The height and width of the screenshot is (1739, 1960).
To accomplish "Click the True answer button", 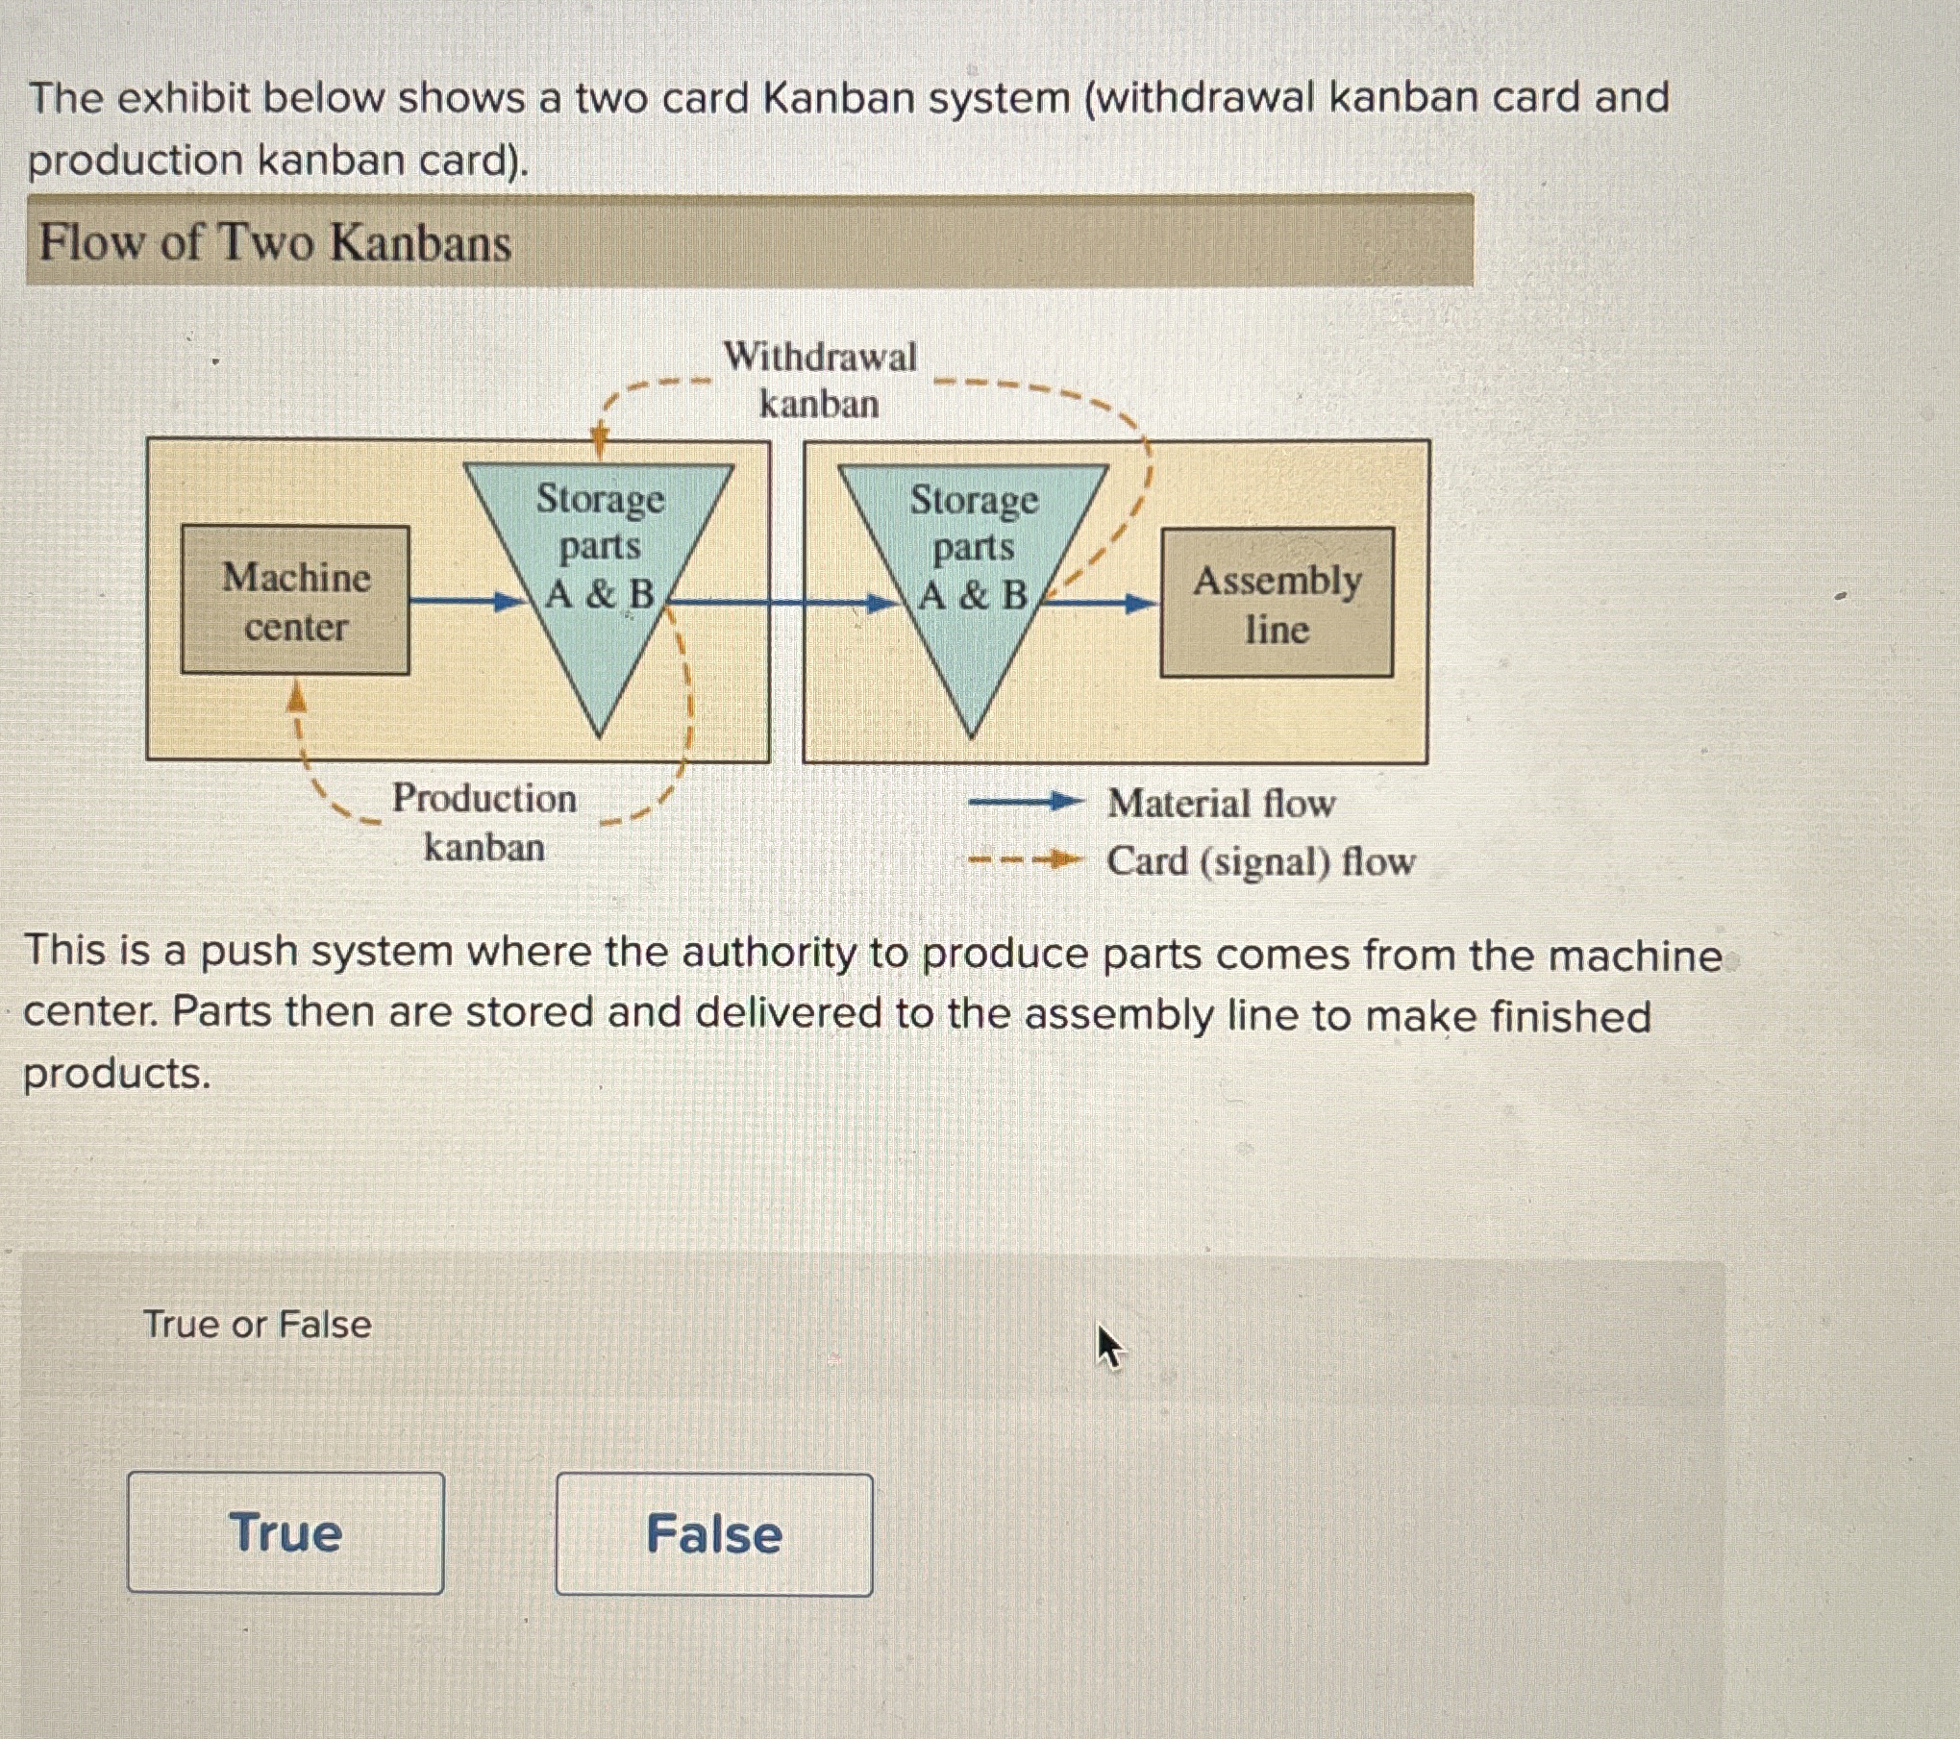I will [x=285, y=1532].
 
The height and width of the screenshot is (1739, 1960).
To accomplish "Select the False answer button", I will [x=714, y=1534].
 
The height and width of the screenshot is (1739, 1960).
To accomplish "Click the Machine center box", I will [x=295, y=601].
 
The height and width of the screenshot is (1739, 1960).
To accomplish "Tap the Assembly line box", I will [x=1277, y=604].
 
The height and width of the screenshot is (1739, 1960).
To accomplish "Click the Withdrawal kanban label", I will [x=819, y=380].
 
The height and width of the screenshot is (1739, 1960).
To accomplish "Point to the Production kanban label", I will [x=484, y=822].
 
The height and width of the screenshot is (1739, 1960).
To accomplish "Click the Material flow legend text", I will [x=1221, y=804].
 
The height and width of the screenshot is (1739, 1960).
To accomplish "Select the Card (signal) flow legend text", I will [x=1260, y=861].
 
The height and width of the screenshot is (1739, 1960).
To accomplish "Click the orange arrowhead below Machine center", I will [x=298, y=696].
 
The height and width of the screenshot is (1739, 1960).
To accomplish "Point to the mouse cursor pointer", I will [x=1108, y=1345].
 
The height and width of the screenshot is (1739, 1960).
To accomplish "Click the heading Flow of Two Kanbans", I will [x=275, y=242].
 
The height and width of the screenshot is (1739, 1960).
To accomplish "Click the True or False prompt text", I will [x=258, y=1325].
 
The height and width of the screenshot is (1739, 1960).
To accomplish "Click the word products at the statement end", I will [x=116, y=1074].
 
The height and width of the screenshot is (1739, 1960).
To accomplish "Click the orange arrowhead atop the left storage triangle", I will [x=599, y=441].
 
